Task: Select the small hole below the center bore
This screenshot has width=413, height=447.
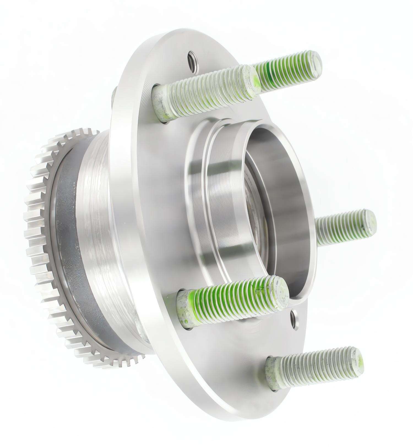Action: [x=295, y=320]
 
